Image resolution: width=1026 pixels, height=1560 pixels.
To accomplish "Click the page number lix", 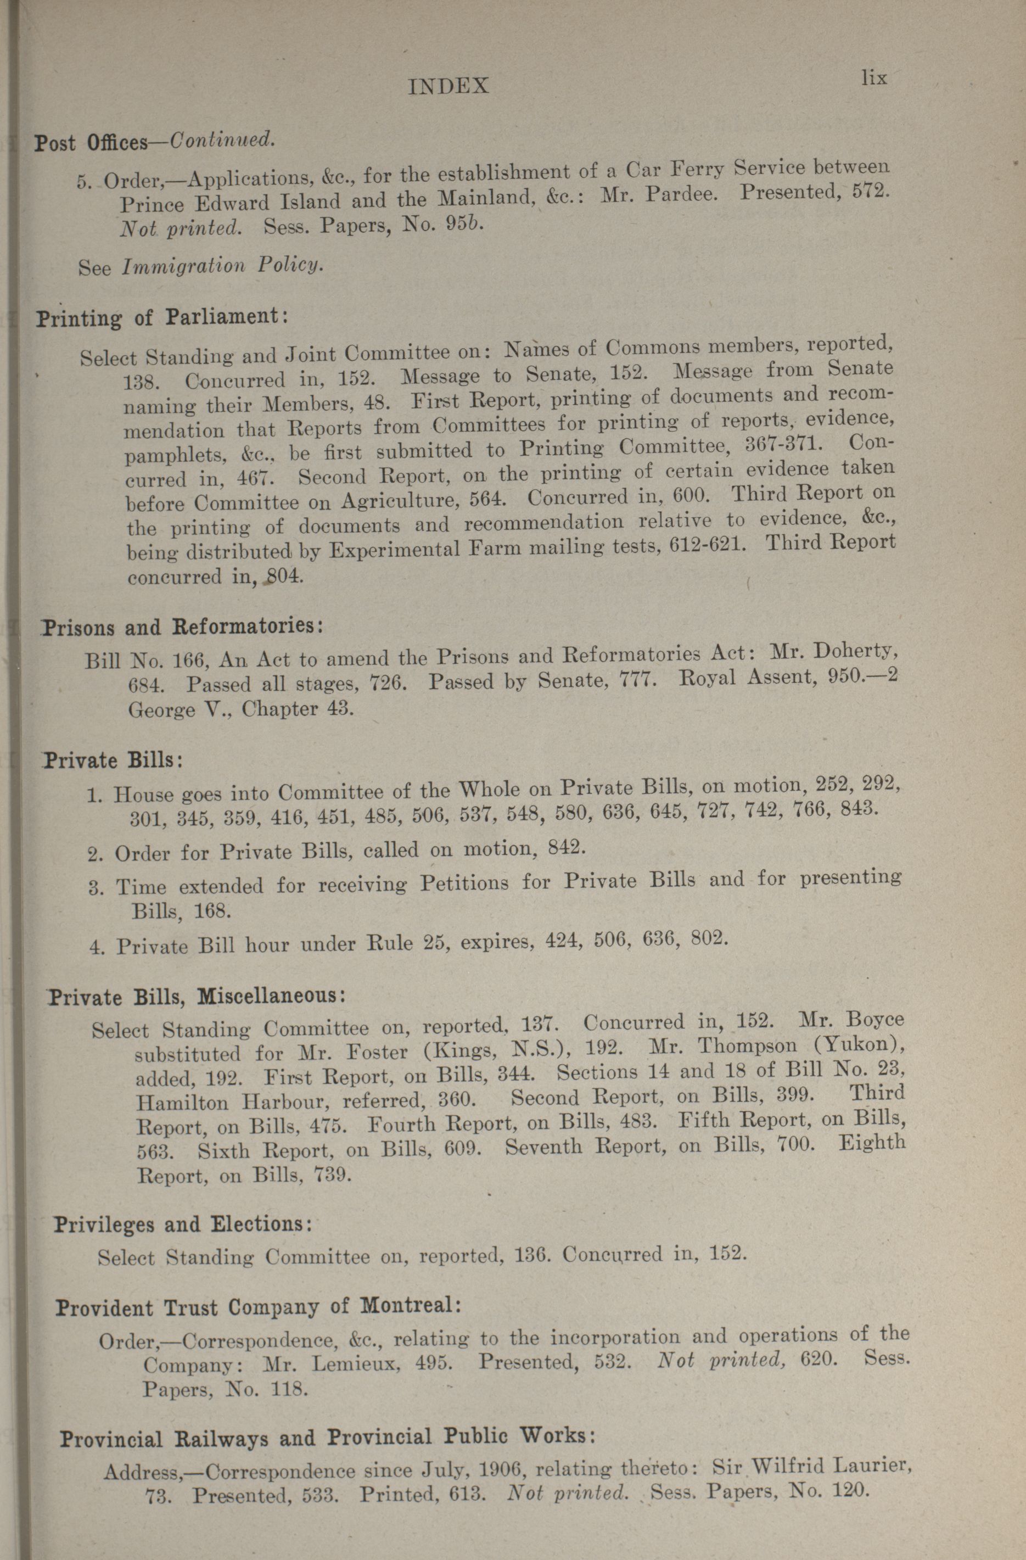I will click(x=874, y=78).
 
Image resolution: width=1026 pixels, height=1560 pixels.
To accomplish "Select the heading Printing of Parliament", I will click(x=161, y=318).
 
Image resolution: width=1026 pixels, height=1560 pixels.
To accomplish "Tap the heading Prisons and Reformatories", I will click(x=182, y=627).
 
